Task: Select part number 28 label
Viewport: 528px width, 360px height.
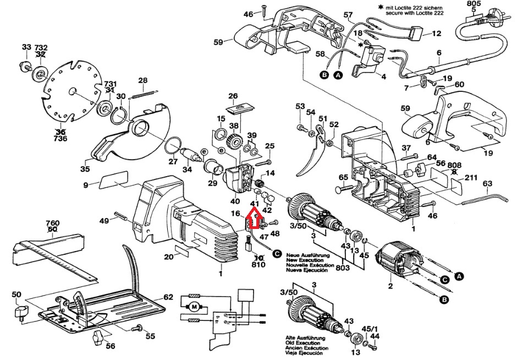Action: click(x=143, y=80)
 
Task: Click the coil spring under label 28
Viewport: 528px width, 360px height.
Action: click(x=144, y=93)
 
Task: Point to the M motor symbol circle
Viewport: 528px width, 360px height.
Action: click(x=194, y=307)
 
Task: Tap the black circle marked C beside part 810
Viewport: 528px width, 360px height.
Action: click(x=277, y=253)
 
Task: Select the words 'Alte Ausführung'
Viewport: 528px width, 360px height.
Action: click(x=305, y=338)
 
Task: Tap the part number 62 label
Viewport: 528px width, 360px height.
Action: click(x=168, y=297)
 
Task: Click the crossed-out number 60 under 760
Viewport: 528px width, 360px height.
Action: click(x=52, y=230)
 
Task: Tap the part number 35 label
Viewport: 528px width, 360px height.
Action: click(x=85, y=169)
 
